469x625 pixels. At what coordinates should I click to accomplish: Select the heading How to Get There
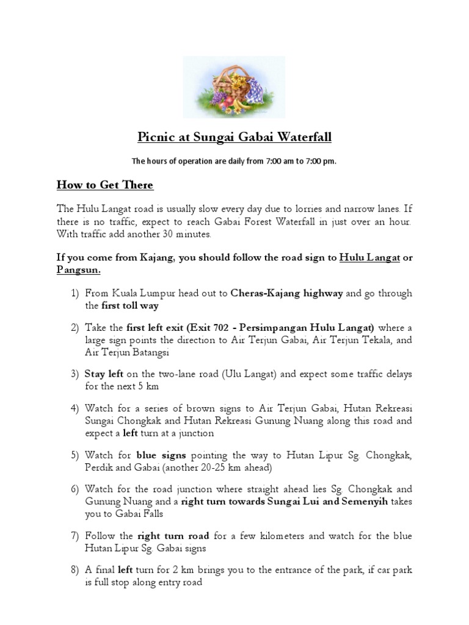[105, 184]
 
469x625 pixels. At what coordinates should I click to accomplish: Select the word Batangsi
[147, 352]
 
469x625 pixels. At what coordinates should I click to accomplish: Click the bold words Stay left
[104, 374]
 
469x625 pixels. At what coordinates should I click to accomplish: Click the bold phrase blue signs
[162, 455]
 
